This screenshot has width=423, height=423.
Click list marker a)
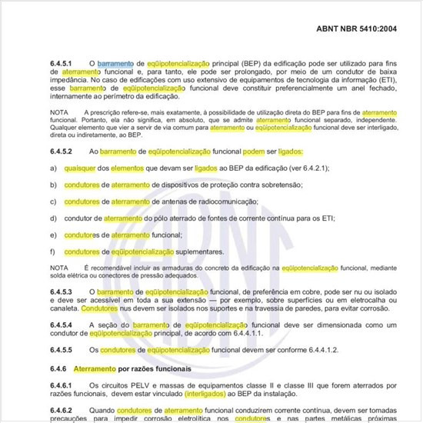pyautogui.click(x=52, y=168)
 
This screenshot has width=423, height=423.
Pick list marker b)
pyautogui.click(x=52, y=185)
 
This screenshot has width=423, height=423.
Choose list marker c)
pyautogui.click(x=52, y=202)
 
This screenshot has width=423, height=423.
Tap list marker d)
pyautogui.click(x=52, y=218)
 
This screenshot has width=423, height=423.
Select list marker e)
pyautogui.click(x=52, y=235)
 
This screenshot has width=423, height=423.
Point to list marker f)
pyautogui.click(x=52, y=251)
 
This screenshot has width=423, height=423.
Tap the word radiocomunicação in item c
pyautogui.click(x=222, y=202)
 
